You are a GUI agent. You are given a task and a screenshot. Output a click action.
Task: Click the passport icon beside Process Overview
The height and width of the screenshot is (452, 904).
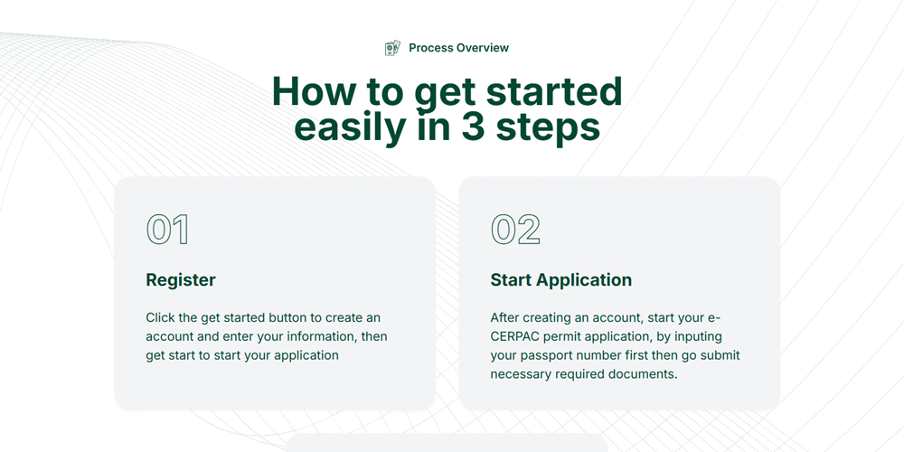pos(392,48)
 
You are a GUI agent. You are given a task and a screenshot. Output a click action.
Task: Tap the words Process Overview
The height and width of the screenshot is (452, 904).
pos(459,48)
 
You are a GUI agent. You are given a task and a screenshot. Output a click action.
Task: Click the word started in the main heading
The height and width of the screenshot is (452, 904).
pos(554,91)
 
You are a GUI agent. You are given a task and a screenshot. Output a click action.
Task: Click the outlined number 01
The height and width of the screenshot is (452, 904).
pos(167,230)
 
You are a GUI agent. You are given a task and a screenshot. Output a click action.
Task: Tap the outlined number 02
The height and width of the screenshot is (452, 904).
pos(515,230)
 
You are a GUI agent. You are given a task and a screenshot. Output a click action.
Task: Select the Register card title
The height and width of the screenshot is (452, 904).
pos(181,280)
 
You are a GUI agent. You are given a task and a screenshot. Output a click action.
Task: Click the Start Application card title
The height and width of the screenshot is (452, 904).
pos(561,280)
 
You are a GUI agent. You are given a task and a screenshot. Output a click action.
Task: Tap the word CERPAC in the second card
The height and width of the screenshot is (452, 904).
pos(513,336)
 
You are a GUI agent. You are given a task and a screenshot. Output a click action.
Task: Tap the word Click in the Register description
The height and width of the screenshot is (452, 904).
pos(158,317)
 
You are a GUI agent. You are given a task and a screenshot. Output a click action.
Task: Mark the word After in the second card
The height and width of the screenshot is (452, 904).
pos(504,317)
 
